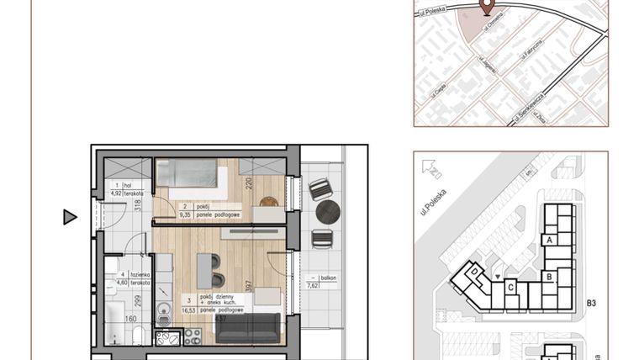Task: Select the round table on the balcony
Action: click(327, 212)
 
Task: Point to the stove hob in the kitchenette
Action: click(192, 336)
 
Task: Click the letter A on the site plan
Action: click(548, 240)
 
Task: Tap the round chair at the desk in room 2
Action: click(267, 202)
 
